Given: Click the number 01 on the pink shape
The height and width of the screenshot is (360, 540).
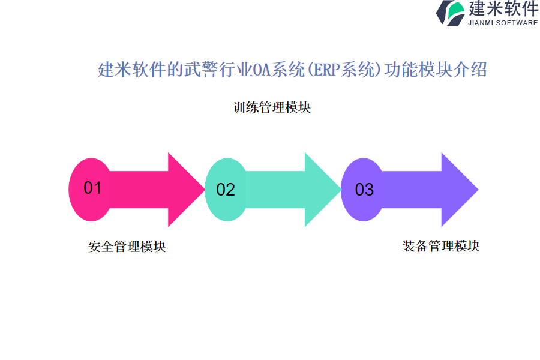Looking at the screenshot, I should pos(92,188).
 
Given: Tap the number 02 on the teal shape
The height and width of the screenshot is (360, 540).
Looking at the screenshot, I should pos(226,190).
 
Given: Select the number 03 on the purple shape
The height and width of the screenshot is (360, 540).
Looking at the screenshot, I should pos(364,190).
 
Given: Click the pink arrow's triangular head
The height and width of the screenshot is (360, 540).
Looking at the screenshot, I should pos(185,190).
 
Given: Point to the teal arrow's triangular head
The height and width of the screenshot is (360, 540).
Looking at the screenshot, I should pos(321,190).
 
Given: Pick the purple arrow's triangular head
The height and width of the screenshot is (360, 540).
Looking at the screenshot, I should pos(458,190).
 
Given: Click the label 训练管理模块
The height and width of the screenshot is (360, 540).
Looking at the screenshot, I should pos(272,108).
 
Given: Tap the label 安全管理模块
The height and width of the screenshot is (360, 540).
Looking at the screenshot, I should pos(127,247).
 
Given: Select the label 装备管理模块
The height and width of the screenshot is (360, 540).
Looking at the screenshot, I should pos(441,246).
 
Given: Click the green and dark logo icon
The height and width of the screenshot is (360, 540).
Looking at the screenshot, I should pos(450,13).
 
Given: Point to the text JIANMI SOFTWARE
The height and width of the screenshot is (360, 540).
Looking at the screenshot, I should pos(503,23).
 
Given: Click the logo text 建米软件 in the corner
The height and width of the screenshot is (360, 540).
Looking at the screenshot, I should pos(503,9).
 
